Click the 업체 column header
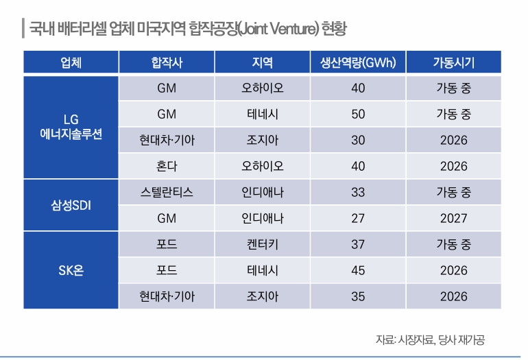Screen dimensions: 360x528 tap(71, 62)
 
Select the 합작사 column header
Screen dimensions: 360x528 tap(167, 62)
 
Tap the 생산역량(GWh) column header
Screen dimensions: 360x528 tap(358, 62)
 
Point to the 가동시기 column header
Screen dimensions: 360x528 tap(453, 62)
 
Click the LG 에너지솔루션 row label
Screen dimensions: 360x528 tap(71, 128)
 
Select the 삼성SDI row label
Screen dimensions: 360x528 tap(71, 205)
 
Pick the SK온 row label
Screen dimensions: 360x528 tap(71, 270)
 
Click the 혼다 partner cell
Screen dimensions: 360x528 tap(167, 167)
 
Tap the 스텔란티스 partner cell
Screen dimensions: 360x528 tap(167, 193)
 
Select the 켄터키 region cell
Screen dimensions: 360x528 tap(263, 245)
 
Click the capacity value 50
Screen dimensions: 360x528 tap(358, 115)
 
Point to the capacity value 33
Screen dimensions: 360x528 tap(358, 193)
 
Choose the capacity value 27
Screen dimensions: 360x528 tap(358, 219)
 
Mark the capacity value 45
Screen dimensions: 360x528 tap(358, 271)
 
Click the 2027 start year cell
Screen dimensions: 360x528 tap(453, 219)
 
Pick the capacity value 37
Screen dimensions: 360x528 tap(358, 245)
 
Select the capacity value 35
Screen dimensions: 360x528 tap(358, 297)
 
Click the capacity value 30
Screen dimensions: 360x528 tap(358, 141)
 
